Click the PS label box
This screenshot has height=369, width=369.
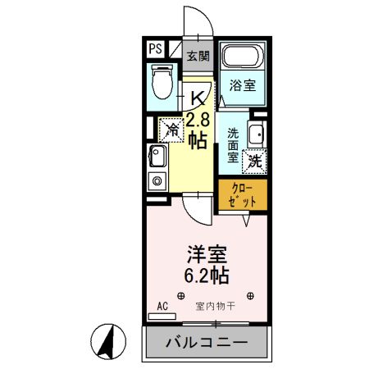(156, 48)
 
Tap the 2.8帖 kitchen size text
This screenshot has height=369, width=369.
(197, 130)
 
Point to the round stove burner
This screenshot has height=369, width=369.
(154, 179)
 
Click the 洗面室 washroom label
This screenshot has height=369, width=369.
(233, 143)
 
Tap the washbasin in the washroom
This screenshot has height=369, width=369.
(257, 134)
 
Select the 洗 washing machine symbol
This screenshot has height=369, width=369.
(255, 161)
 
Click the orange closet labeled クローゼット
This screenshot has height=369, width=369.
(243, 194)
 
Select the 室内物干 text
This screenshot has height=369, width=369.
(215, 306)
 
